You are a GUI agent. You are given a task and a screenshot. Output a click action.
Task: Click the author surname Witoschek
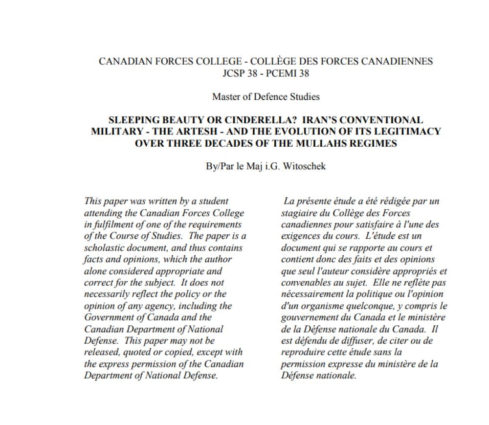(302, 166)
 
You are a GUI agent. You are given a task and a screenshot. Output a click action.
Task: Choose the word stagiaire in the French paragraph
(300, 213)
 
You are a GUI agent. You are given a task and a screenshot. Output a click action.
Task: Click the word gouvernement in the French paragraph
(311, 318)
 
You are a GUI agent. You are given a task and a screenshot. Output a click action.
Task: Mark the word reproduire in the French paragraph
(304, 352)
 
